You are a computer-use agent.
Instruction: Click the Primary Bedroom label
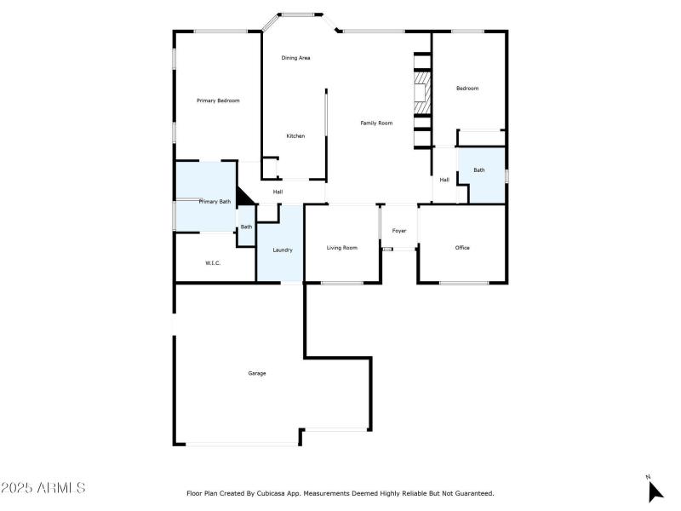[x=218, y=100]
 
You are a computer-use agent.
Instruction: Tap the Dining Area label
[x=295, y=58]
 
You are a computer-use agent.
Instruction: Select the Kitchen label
[x=295, y=136]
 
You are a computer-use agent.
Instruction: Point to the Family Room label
[x=376, y=123]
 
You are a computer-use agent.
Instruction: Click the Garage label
[x=257, y=373]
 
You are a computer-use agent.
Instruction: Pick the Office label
[x=462, y=248]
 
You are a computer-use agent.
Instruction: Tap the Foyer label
[x=399, y=231]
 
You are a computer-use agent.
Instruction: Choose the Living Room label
[x=342, y=248]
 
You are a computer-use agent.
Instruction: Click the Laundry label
[x=283, y=250]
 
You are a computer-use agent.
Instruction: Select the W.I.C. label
[x=213, y=262]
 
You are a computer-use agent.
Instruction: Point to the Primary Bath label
[x=215, y=202]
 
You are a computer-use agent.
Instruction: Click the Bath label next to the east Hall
[x=479, y=170]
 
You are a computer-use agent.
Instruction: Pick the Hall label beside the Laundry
[x=278, y=192]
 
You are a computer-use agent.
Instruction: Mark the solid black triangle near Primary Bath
[x=244, y=197]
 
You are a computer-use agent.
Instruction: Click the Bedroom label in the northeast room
[x=467, y=89]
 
